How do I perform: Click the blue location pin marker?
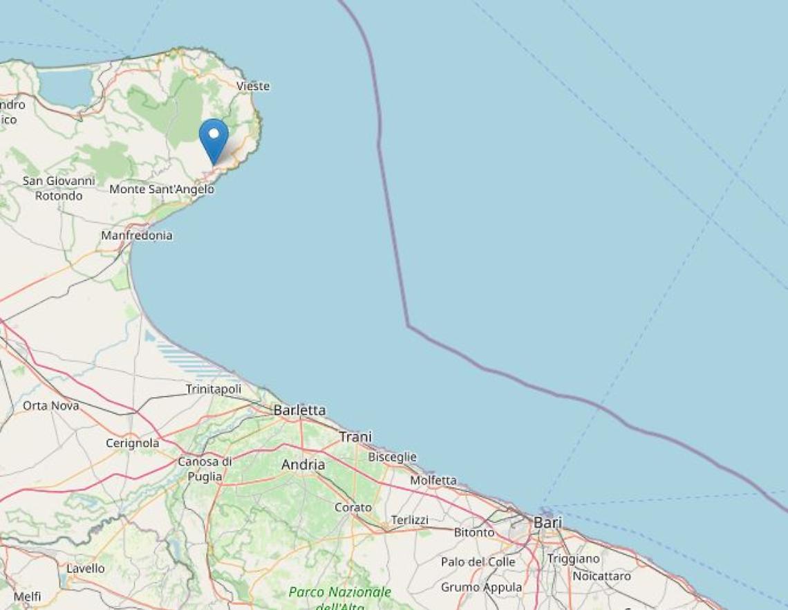click(214, 138)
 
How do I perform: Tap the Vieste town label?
click(253, 86)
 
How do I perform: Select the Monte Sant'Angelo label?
click(162, 189)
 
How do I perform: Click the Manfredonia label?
click(137, 236)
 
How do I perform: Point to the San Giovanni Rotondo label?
click(59, 188)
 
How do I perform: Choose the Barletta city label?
click(299, 410)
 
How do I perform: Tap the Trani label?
click(355, 437)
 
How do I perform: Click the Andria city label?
click(303, 465)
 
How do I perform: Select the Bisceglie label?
click(392, 457)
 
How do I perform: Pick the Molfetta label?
click(433, 480)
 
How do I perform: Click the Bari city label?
click(547, 523)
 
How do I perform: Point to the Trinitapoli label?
click(214, 389)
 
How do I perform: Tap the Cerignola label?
click(132, 443)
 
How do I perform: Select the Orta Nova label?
click(50, 405)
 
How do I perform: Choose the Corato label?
click(353, 508)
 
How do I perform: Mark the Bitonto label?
click(474, 533)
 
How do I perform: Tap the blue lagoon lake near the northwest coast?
click(66, 86)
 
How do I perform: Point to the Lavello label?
click(86, 569)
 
